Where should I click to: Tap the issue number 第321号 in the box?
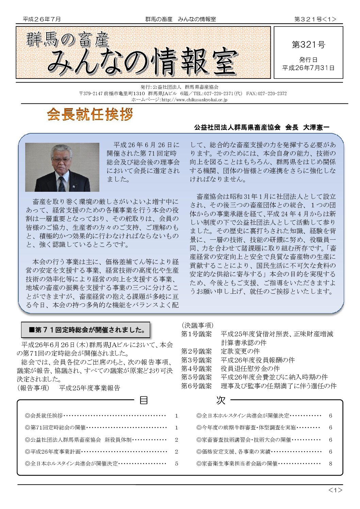pos(308,45)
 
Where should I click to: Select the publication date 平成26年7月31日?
pos(308,68)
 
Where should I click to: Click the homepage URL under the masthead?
pos(179,100)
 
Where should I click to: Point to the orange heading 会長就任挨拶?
pos(90,115)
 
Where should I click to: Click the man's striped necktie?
pos(62,184)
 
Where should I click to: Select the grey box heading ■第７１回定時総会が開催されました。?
pos(85,330)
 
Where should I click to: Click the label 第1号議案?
pos(196,334)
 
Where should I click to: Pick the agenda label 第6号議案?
pos(196,386)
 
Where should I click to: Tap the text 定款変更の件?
pos(240,351)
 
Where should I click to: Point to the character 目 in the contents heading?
pos(144,400)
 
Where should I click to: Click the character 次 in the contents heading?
pos(220,400)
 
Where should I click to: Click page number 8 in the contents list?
pos(330,463)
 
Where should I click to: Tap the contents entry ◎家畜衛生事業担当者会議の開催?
pos(237,463)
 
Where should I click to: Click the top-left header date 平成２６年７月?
pos(42,19)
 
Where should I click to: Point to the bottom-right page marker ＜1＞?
pos(335,490)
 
